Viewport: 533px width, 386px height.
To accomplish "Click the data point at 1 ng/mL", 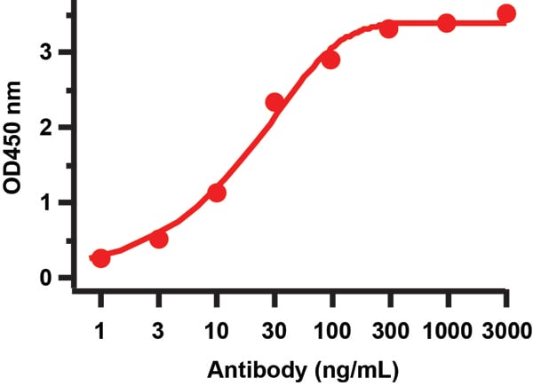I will click(100, 258).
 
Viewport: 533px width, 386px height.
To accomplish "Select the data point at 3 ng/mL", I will click(159, 239).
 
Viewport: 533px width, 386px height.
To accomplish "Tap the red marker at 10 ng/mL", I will click(217, 193).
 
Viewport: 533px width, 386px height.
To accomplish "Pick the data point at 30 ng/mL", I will click(274, 102).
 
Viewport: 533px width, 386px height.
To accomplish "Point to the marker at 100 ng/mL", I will click(331, 59).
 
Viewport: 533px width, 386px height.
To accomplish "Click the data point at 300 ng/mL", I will click(389, 29).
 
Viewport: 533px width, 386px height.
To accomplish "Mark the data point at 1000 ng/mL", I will click(447, 23).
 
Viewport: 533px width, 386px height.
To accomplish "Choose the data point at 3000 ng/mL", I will click(506, 13).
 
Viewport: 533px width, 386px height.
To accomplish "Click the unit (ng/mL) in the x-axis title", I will click(342, 367).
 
